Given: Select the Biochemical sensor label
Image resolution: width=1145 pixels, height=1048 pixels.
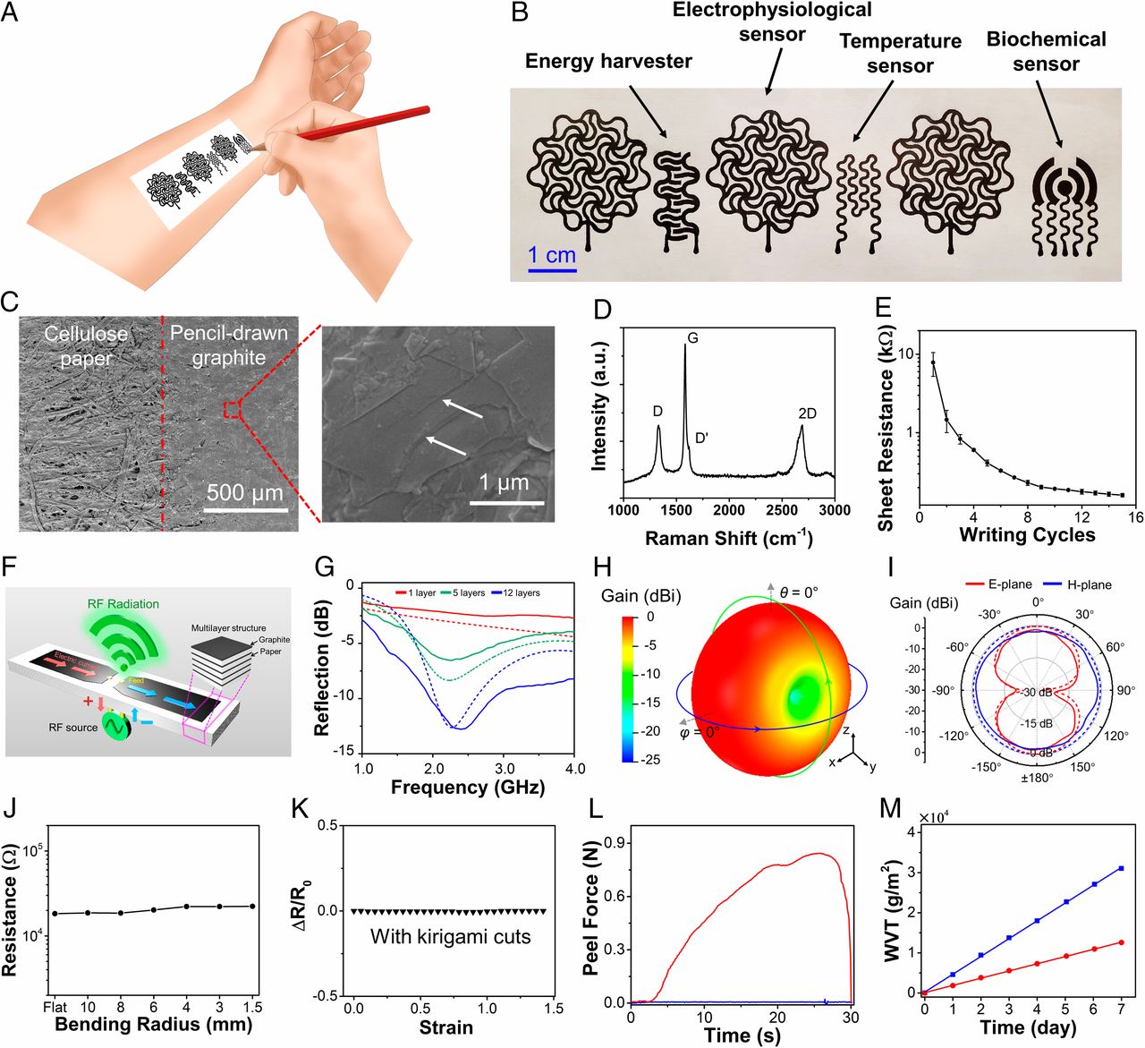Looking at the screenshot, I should (x=1046, y=51).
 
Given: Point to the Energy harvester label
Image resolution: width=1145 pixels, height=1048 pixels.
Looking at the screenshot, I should (x=608, y=61).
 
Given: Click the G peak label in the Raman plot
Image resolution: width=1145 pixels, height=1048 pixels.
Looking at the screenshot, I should (x=692, y=338).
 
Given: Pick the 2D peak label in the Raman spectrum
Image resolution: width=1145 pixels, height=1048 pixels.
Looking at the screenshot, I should (x=807, y=413).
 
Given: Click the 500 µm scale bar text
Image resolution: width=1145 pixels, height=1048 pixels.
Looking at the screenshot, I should (x=244, y=492).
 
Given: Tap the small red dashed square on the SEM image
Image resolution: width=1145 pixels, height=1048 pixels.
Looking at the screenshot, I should (x=233, y=410).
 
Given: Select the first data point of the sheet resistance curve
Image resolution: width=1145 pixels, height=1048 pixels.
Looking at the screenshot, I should (x=933, y=362).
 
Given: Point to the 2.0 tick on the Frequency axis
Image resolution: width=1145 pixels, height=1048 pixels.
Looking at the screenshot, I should (x=434, y=769).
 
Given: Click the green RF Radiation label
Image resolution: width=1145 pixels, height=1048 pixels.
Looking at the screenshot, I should (x=123, y=604).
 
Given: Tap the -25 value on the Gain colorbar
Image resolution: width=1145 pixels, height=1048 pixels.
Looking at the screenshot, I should (x=652, y=760).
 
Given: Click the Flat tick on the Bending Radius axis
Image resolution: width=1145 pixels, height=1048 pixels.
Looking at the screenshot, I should (x=55, y=1008).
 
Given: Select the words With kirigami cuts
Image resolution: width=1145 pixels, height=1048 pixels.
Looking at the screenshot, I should (x=450, y=937).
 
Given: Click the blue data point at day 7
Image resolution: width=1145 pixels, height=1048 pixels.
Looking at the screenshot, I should (x=1121, y=868).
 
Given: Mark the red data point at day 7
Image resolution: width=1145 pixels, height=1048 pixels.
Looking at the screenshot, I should (x=1121, y=942).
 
